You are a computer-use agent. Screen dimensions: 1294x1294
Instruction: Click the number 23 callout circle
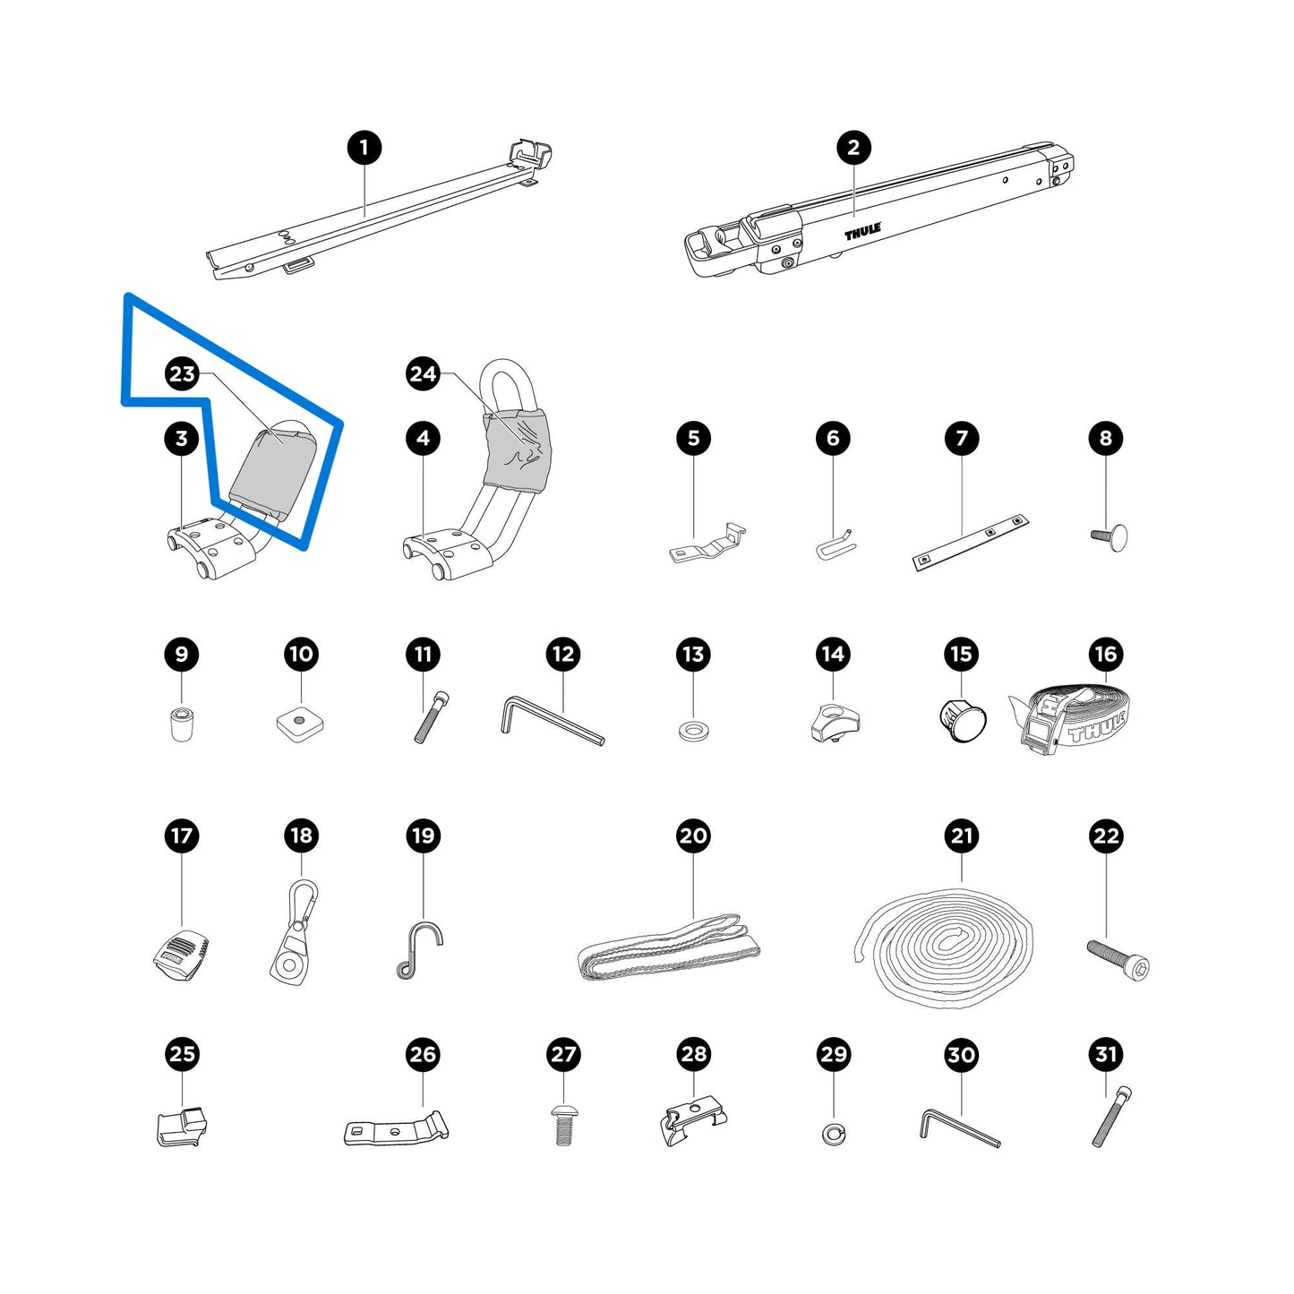181,373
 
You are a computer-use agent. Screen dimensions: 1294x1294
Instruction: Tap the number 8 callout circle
1105,438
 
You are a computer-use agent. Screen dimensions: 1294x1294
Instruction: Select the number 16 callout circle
1105,654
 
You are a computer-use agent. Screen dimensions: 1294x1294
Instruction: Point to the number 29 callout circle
834,1054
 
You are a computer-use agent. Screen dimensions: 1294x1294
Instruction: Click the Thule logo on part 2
862,232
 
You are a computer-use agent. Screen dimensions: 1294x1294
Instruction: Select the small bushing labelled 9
179,723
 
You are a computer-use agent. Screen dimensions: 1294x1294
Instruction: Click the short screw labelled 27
562,1127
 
